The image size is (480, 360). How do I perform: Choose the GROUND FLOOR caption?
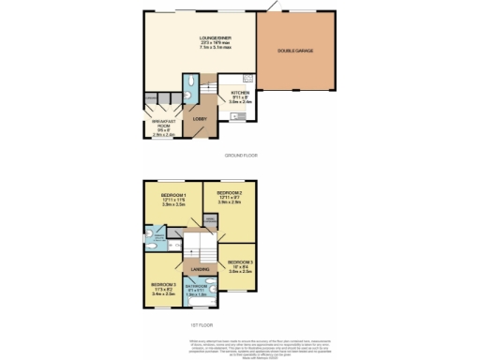[x=241, y=155]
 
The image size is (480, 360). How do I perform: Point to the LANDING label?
[x=201, y=270]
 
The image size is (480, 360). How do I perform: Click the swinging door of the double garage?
[x=274, y=7]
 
